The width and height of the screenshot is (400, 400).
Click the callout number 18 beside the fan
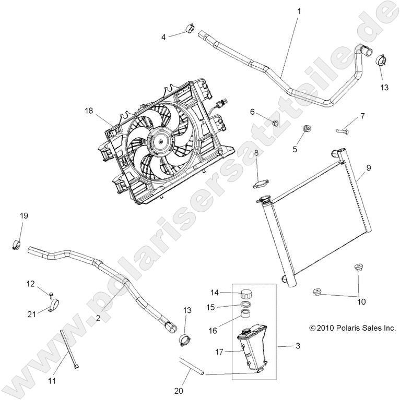click(89, 111)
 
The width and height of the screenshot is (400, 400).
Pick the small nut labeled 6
click(276, 123)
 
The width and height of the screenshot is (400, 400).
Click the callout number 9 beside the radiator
click(368, 168)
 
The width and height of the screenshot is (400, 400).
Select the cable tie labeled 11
click(69, 349)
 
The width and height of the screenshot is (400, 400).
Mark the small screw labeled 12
click(52, 296)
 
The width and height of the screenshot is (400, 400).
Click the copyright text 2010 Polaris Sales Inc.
click(352, 328)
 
